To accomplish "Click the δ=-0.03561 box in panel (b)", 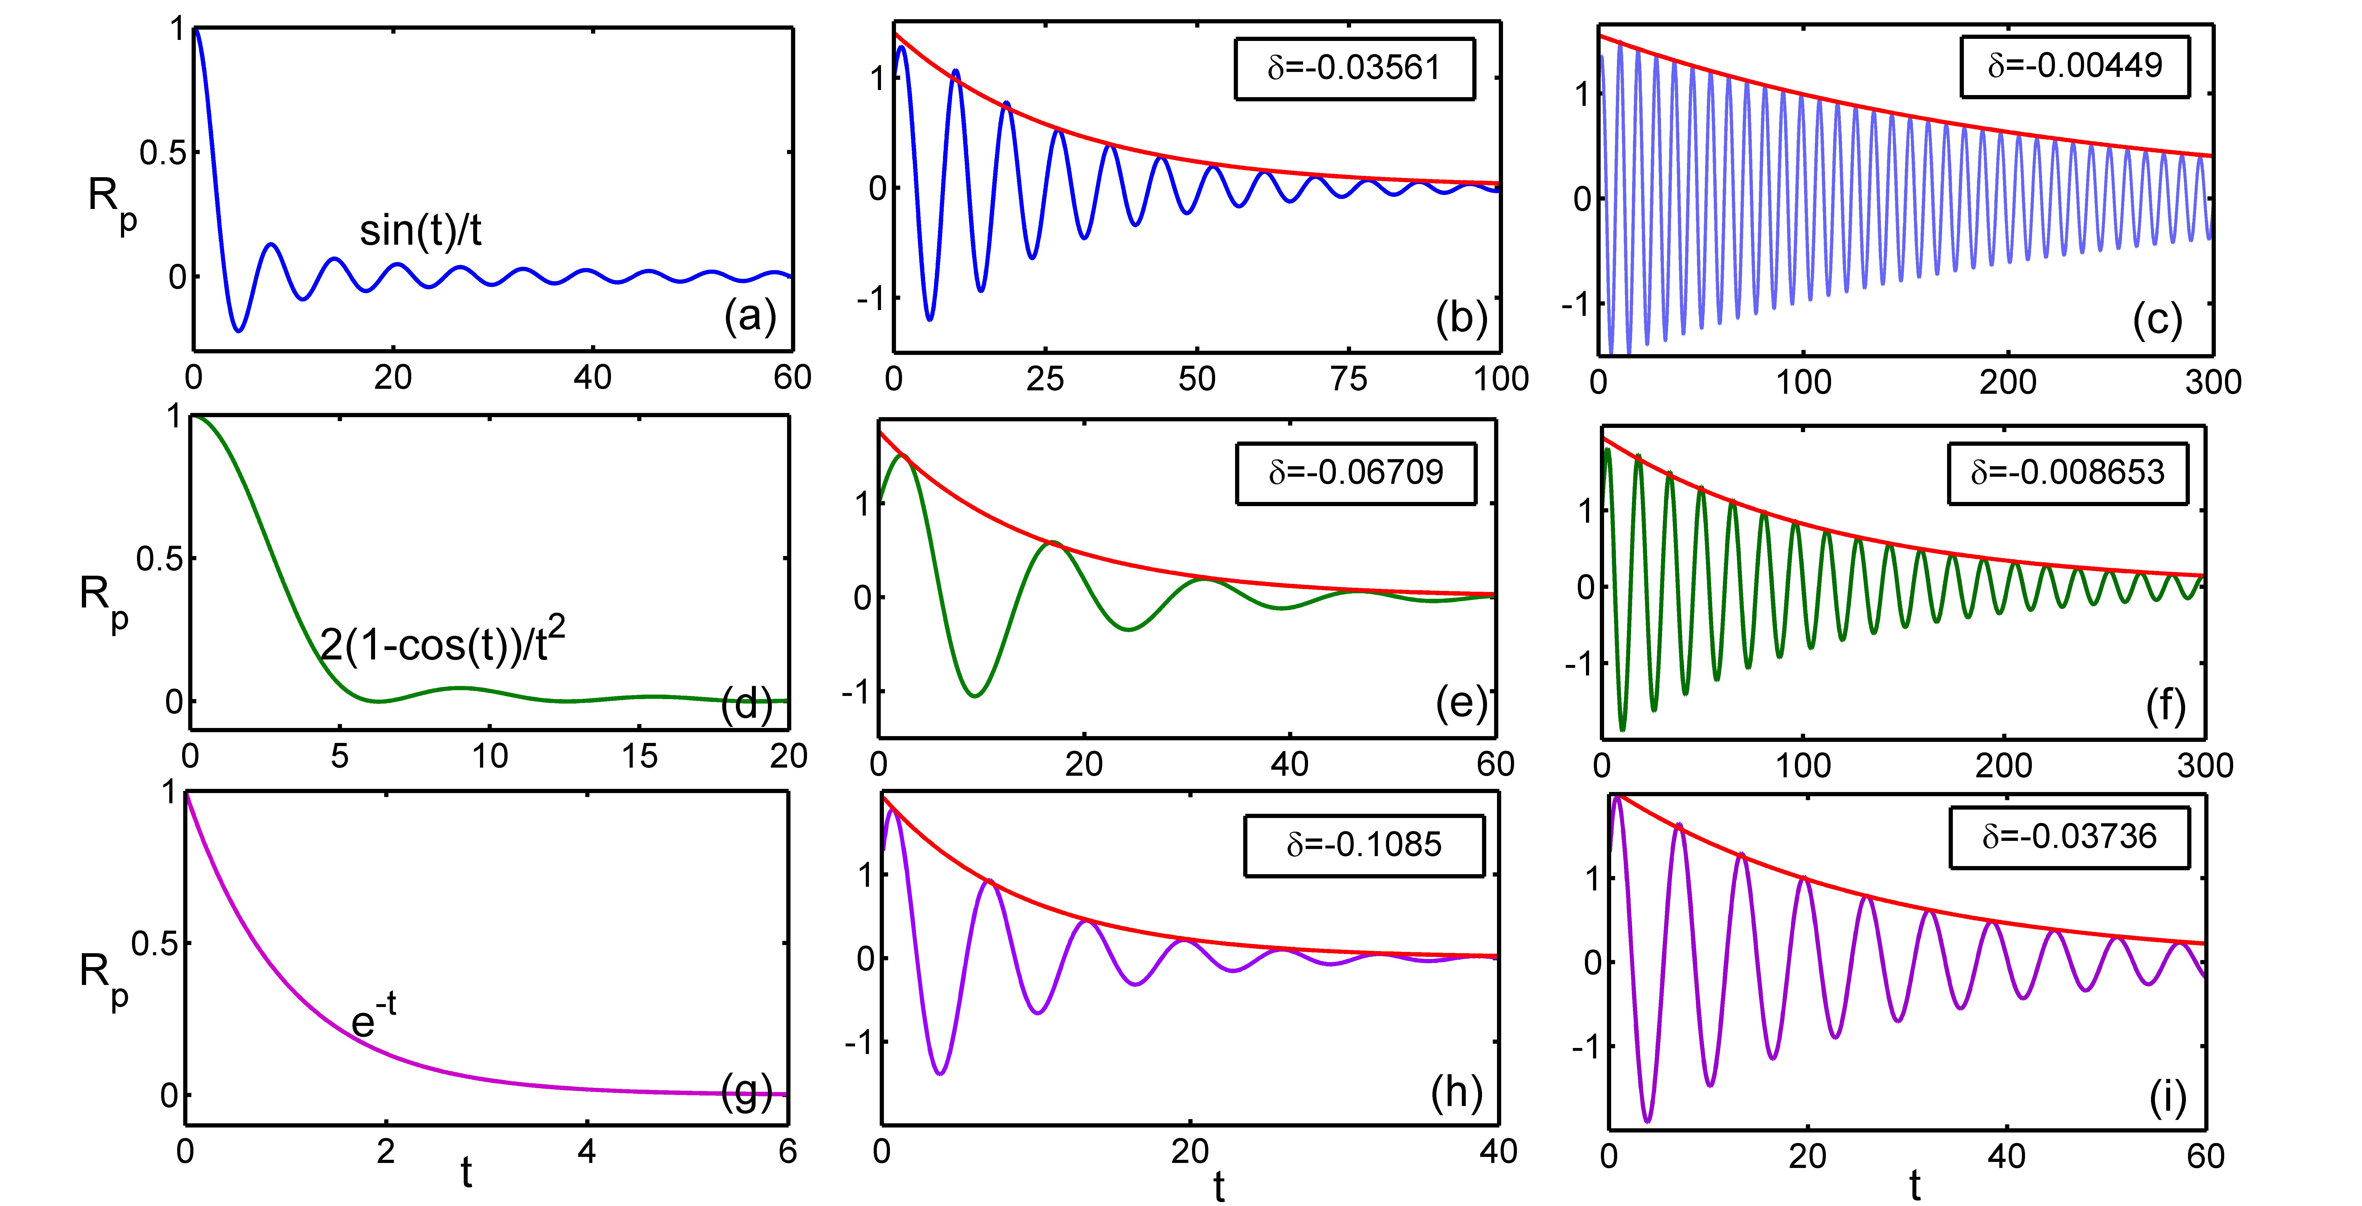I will coord(1354,68).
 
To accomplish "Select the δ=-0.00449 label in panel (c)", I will coord(2074,66).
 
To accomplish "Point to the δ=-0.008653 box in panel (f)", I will coord(2068,472).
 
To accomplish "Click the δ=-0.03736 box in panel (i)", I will coord(2069,836).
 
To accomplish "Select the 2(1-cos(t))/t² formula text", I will coord(442,642).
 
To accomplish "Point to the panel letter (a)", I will coord(750,316).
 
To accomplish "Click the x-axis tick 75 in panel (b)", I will coord(1349,379).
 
